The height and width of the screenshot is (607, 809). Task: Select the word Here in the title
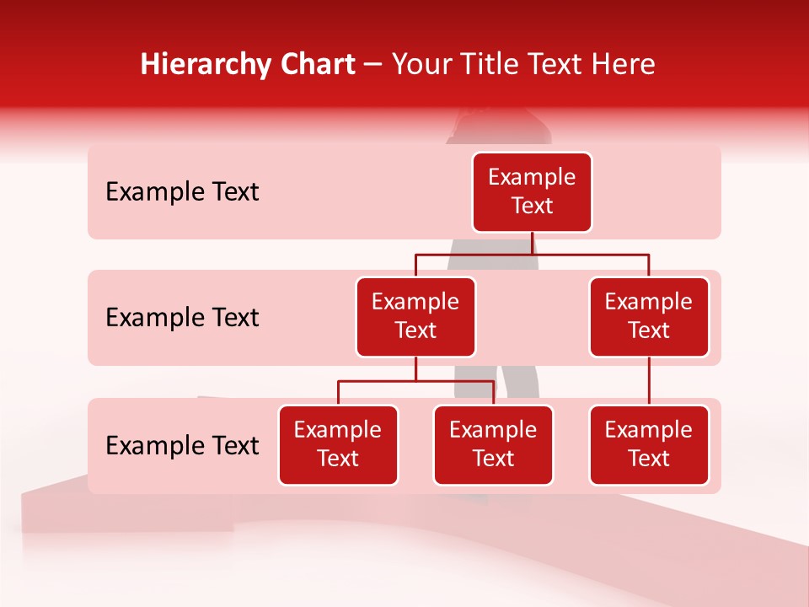tap(623, 65)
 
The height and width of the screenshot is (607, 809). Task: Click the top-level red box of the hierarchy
tap(532, 191)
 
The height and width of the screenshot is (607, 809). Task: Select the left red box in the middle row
tap(415, 316)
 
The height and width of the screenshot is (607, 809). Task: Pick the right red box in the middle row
tap(649, 316)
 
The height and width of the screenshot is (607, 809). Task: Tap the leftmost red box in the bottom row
tap(338, 444)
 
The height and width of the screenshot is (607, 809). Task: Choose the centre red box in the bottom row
tap(493, 444)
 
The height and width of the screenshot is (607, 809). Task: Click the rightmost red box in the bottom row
tap(649, 444)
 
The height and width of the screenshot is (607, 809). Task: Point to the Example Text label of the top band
tap(182, 192)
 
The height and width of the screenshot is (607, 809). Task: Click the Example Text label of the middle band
tap(182, 318)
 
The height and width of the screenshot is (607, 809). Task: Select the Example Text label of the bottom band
tap(182, 446)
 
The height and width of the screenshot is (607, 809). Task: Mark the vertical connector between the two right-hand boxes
tap(649, 381)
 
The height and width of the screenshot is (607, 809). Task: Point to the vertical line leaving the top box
tap(532, 242)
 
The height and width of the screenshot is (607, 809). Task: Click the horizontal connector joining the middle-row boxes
tap(532, 253)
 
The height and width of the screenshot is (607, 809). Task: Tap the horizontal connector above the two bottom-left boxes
tap(415, 381)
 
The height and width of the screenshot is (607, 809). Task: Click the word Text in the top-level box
tap(532, 206)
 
